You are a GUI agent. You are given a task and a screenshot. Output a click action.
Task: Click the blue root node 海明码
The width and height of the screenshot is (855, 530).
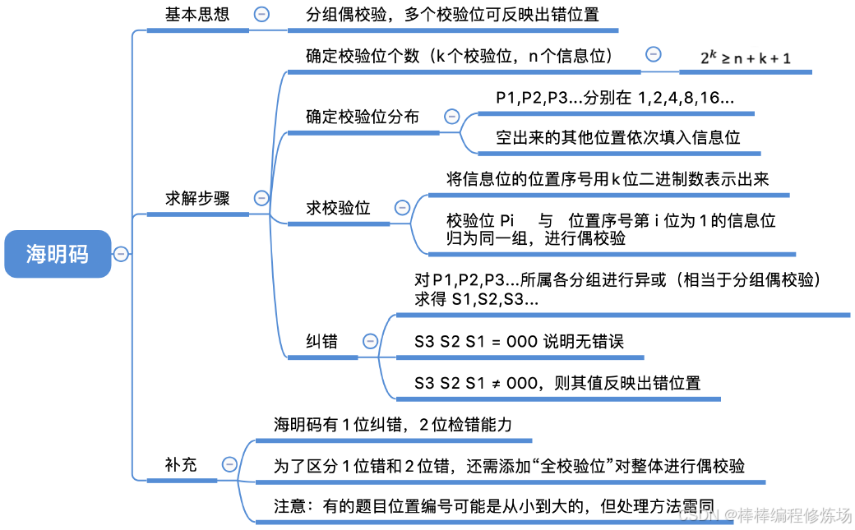pos(57,254)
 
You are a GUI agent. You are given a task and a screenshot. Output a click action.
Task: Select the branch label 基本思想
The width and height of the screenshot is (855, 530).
pos(197,14)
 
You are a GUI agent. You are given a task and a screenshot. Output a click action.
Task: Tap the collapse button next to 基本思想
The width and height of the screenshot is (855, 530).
pos(262,14)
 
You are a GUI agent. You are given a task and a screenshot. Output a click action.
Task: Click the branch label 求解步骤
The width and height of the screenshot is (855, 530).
pos(197,198)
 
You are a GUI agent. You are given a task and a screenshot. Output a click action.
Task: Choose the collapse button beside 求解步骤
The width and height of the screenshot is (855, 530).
pos(262,198)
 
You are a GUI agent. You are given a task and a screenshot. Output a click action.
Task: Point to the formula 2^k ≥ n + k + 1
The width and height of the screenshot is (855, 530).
pos(745,58)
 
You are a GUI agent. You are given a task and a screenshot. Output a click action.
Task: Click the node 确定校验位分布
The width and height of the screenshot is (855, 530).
pos(362,117)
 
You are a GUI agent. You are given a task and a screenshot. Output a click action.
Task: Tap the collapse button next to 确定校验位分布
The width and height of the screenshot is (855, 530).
pos(451,117)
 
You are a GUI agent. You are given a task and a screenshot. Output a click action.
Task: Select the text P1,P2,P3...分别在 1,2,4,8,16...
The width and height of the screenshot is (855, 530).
pos(615,98)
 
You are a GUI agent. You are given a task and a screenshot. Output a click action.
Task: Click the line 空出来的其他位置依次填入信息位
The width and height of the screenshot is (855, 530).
pos(618,137)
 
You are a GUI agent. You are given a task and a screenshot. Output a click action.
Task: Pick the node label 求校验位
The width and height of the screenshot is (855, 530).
pos(338,208)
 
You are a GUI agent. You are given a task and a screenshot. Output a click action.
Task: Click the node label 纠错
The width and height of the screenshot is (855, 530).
pos(321,341)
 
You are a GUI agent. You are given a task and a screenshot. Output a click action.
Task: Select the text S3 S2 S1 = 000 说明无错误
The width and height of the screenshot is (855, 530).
pos(519,341)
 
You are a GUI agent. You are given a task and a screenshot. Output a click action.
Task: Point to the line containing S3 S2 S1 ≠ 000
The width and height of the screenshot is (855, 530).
pos(557,383)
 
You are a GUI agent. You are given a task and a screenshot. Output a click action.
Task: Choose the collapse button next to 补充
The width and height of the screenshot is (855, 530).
pos(229,464)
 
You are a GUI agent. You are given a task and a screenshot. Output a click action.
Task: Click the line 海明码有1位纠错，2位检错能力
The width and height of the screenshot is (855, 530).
pos(393,424)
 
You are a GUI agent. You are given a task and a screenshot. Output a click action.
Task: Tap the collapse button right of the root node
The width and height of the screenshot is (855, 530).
pos(121,254)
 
